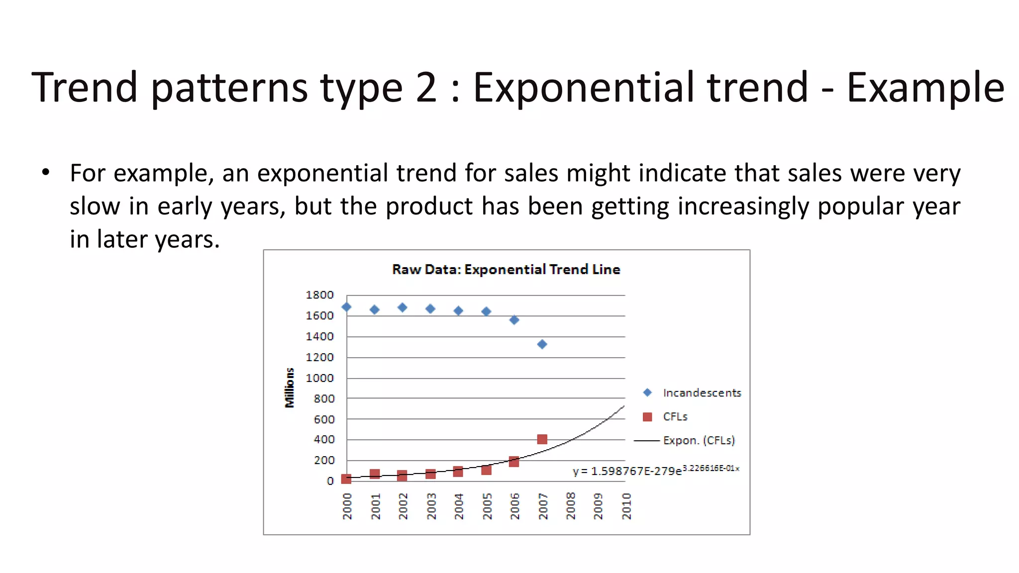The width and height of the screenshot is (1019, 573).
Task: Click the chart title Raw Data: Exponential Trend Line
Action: point(506,270)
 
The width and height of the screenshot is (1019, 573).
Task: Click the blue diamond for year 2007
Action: point(542,344)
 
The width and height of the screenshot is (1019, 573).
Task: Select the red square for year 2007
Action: point(542,439)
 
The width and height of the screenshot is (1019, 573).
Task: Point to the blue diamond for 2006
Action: point(514,320)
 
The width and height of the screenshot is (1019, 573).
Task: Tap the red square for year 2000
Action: point(346,479)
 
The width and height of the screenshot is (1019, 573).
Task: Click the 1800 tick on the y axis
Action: point(319,295)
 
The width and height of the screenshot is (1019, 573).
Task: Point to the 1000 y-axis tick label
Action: point(319,378)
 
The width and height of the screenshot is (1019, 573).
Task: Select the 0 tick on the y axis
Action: point(330,481)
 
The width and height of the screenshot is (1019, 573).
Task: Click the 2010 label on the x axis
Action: point(627,506)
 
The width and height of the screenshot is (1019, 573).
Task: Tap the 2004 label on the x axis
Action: point(459,506)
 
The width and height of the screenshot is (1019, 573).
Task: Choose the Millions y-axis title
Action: point(290,388)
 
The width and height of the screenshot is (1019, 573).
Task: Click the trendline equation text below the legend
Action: point(655,471)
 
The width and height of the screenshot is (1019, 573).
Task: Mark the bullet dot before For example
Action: point(46,173)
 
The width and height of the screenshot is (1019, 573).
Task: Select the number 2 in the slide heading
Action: point(426,88)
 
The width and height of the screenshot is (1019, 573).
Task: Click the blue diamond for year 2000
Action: point(346,307)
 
